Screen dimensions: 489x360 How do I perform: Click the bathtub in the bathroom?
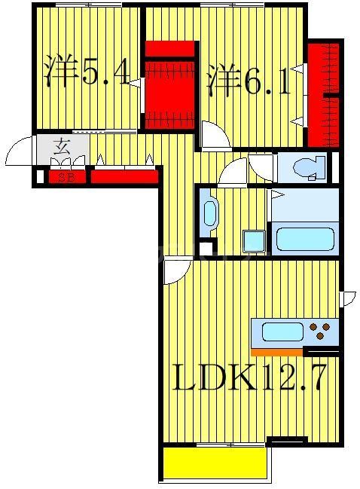(305, 238)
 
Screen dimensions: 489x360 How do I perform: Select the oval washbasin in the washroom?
(209, 212)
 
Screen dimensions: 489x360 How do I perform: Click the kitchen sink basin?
(282, 332)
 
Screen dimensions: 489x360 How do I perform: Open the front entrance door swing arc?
(20, 153)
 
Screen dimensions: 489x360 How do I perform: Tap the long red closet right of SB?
(124, 178)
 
